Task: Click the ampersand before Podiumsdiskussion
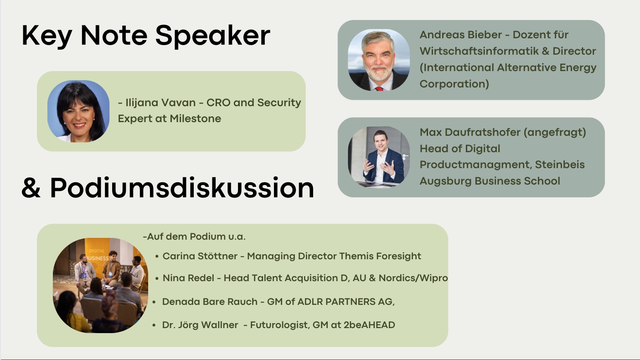point(31,188)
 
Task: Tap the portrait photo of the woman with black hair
point(78,111)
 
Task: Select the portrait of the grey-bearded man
point(378,60)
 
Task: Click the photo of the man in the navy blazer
point(378,157)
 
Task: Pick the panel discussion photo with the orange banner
point(100,285)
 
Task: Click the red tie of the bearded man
point(379,88)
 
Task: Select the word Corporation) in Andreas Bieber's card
point(454,84)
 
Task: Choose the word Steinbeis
point(560,165)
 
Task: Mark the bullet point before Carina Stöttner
point(157,257)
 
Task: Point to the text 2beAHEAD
point(369,325)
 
